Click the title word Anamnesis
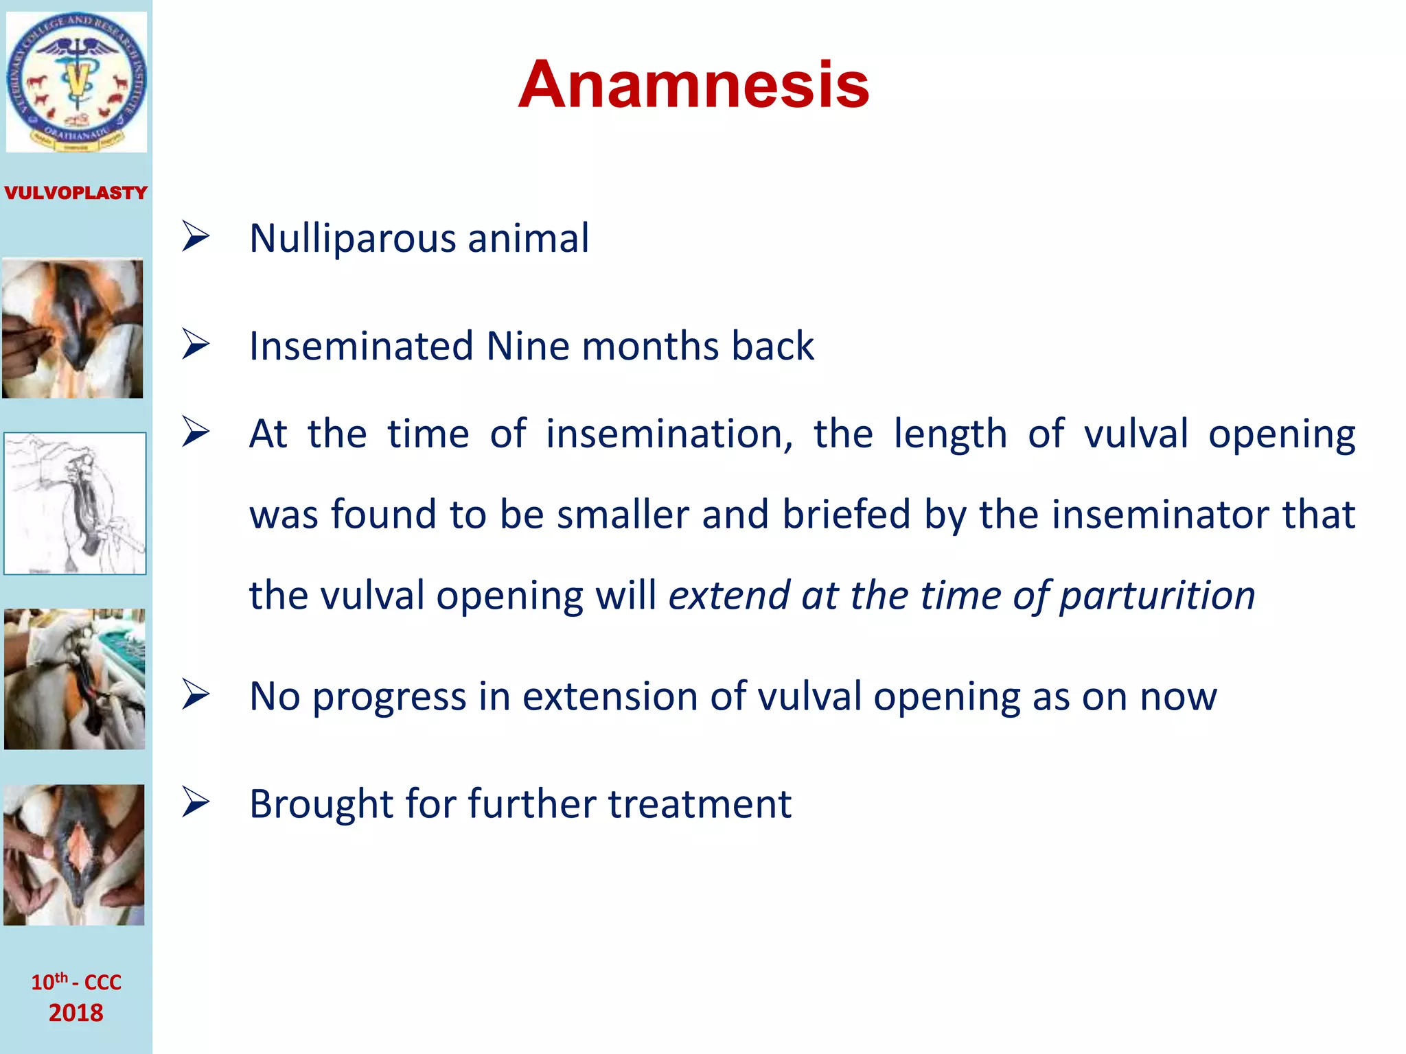click(693, 84)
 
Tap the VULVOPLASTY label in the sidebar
click(76, 193)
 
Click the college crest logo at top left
click(76, 82)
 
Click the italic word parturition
click(1157, 596)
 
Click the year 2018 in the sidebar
click(76, 1013)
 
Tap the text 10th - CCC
click(76, 982)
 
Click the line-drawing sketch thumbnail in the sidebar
click(75, 503)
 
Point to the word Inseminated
click(361, 346)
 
